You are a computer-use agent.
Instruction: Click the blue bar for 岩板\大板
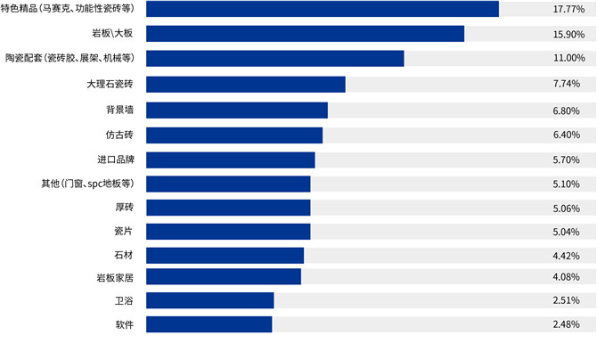pos(305,34)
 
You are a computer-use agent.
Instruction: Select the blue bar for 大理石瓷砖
pos(245,85)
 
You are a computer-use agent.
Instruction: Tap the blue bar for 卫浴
pos(209,300)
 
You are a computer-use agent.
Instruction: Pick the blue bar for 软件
pos(209,324)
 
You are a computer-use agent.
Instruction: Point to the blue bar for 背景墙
pos(236,110)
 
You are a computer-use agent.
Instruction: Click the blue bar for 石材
pos(225,256)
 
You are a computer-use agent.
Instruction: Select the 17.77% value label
pos(568,9)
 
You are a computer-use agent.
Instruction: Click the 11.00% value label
pos(568,59)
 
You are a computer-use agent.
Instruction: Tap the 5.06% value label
pos(568,209)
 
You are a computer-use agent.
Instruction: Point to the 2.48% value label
pos(568,324)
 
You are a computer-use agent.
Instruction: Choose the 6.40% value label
pos(568,135)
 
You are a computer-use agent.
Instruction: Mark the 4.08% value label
pos(568,277)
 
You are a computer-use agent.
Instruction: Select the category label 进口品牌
pos(115,160)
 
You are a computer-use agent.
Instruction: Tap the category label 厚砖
pos(124,209)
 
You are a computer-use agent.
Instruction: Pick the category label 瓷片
pos(124,232)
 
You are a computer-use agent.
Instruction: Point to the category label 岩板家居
pos(115,277)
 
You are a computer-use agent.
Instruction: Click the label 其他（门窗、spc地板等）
pos(86,184)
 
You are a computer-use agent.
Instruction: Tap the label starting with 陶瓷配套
pos(69,59)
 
